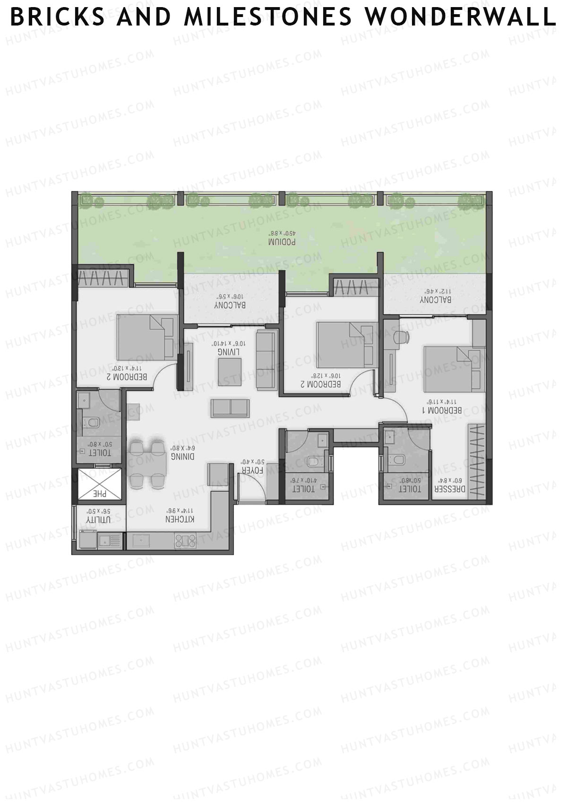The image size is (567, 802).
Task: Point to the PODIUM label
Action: (282, 241)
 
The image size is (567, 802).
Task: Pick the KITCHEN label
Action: (180, 519)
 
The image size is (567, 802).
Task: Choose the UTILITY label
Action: (98, 519)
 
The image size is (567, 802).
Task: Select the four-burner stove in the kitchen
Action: (184, 540)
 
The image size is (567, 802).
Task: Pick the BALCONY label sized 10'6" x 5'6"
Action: (230, 305)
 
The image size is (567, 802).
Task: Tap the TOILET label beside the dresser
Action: (409, 490)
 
